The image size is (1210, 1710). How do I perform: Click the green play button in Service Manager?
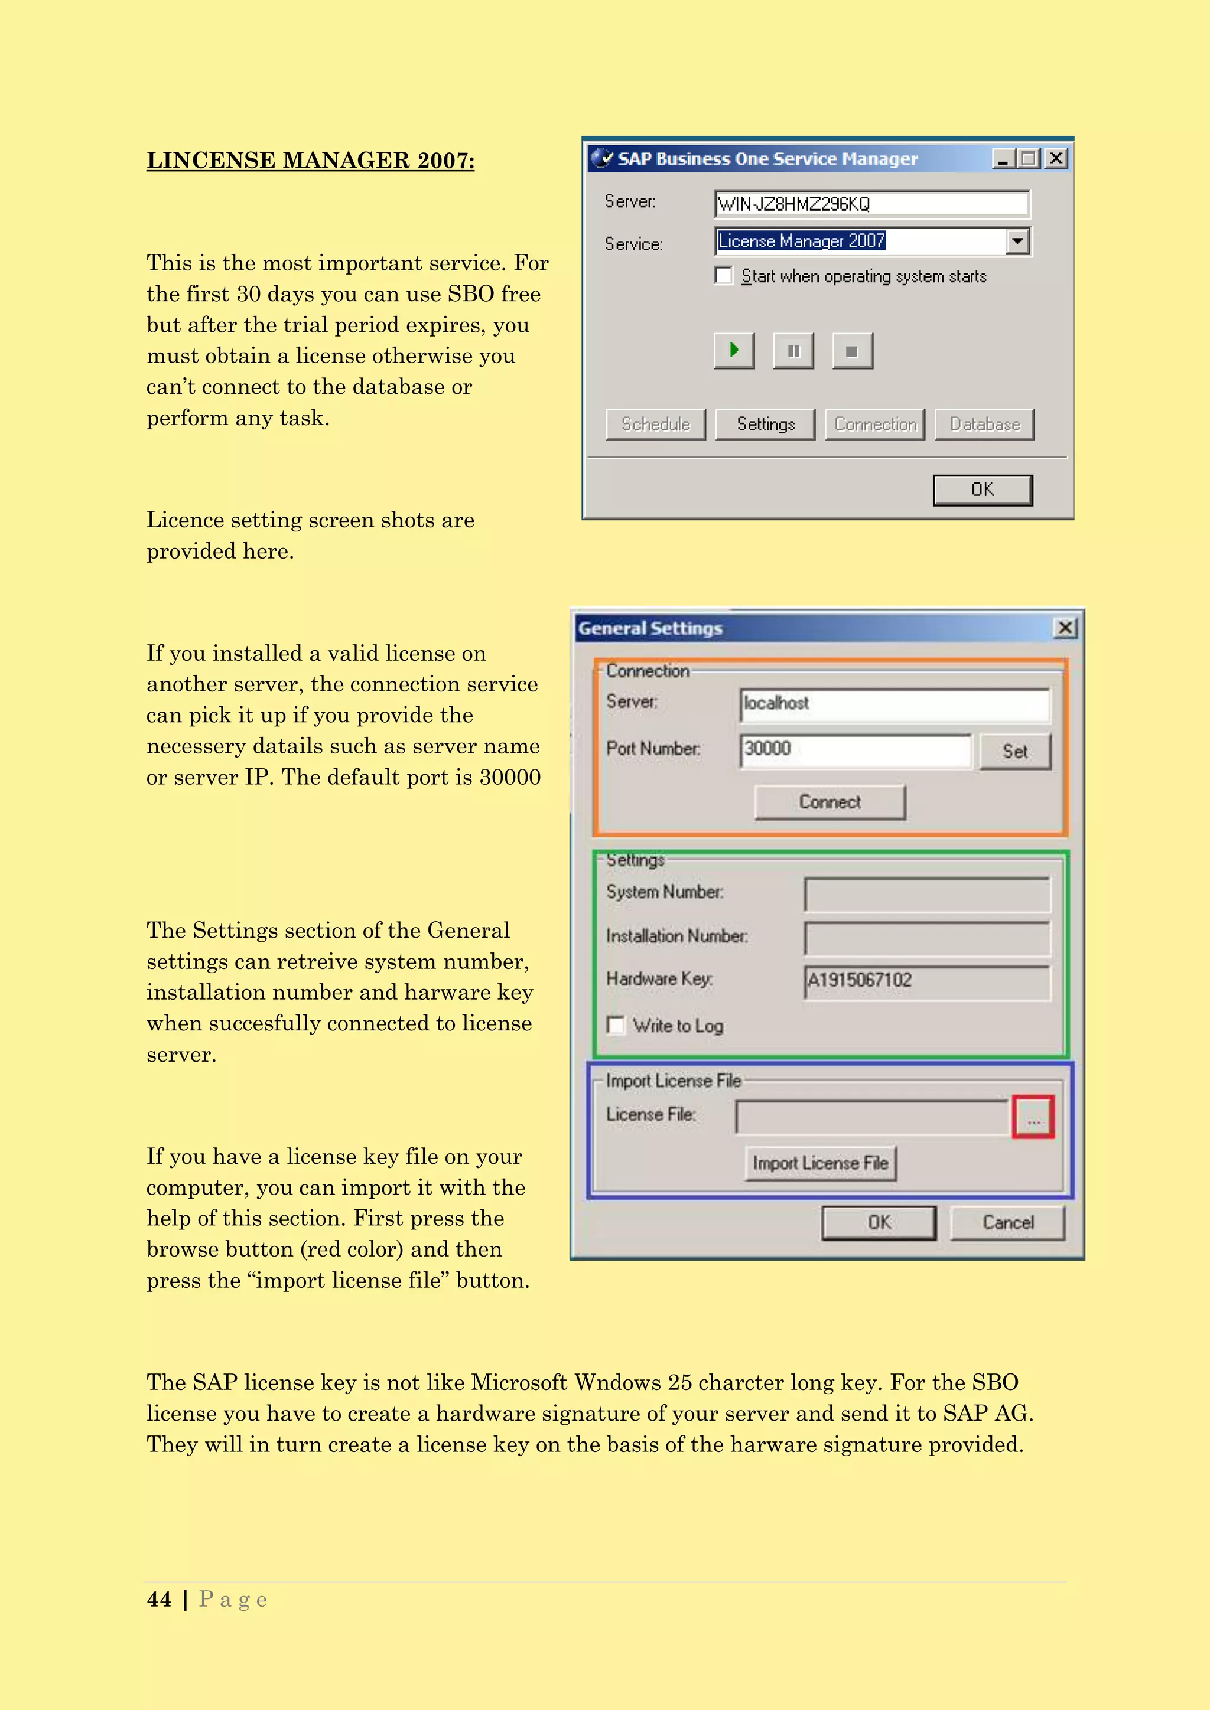[734, 351]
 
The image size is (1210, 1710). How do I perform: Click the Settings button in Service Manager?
[765, 425]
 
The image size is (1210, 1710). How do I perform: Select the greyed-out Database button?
[984, 425]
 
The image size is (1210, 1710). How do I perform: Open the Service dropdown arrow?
[1018, 242]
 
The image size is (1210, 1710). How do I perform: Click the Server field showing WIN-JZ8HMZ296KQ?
[871, 203]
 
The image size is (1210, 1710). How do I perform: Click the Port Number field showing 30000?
[856, 749]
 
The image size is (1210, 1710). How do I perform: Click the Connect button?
[830, 802]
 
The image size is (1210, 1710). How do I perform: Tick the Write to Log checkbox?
[616, 1026]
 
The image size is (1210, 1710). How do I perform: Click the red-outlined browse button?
[1033, 1117]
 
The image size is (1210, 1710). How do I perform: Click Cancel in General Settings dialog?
[1007, 1223]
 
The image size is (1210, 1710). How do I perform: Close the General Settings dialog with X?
[1065, 628]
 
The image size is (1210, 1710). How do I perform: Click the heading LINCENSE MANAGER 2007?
[310, 161]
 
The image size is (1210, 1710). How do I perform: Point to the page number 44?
[159, 1600]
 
